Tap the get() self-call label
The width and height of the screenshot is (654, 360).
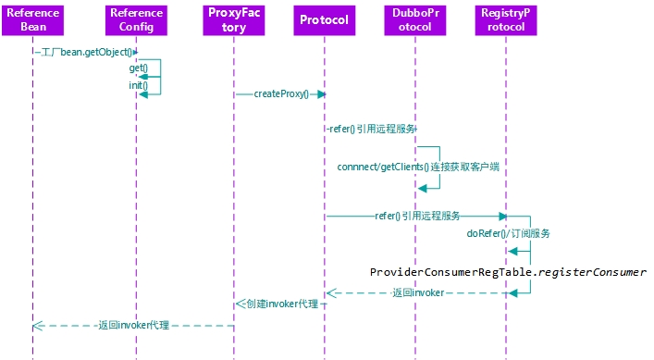(138, 68)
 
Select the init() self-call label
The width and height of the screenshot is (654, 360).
(138, 85)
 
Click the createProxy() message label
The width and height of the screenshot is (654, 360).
(280, 94)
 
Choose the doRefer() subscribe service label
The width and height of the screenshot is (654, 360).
(508, 234)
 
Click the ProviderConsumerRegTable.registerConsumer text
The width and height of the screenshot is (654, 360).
(508, 272)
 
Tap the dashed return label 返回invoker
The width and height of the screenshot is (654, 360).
(417, 292)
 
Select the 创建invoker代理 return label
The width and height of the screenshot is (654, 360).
(282, 304)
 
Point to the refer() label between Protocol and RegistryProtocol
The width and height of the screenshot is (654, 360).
(417, 216)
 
